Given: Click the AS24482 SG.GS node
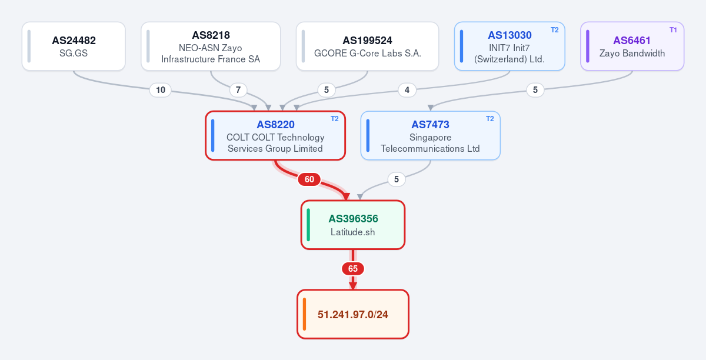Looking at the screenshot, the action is (x=74, y=46).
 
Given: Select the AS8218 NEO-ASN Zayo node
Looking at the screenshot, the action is (x=211, y=46).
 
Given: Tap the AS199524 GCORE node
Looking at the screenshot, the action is (x=367, y=46).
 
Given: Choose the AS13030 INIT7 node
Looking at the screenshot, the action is (x=509, y=46).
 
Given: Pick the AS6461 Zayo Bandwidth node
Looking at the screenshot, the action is (x=632, y=46).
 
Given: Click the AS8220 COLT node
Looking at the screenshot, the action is (x=275, y=135).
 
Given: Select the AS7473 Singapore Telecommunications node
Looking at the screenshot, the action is (x=430, y=135).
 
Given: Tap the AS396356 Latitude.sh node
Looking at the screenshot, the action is (x=352, y=225).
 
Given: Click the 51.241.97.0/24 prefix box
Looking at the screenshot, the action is (x=352, y=314).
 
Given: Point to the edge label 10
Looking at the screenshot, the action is (x=161, y=90).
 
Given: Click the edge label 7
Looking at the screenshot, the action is (x=238, y=90).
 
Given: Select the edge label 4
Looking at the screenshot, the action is (x=407, y=90).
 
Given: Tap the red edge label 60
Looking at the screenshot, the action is (x=309, y=179).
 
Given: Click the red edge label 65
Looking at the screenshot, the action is (x=352, y=269).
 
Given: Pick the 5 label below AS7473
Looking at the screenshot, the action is (x=396, y=179).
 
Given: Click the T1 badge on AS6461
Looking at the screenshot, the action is (x=673, y=30).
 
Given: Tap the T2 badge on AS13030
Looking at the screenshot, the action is (x=554, y=30).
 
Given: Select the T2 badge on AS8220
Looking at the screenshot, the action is (x=334, y=119).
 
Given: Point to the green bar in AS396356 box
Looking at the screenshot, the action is (x=308, y=225).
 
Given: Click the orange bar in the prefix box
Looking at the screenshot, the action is (x=305, y=314).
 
